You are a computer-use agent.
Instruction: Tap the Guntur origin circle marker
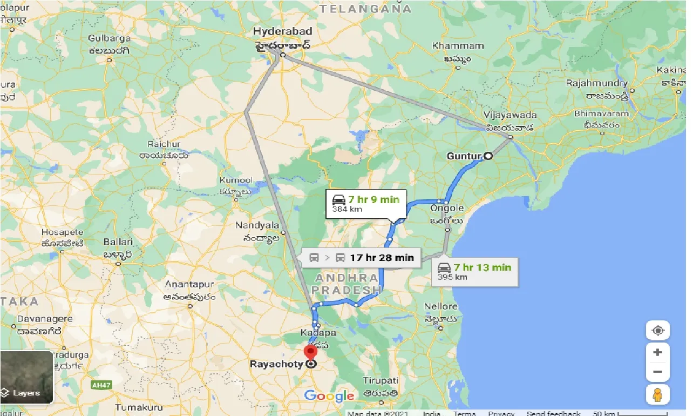(x=488, y=156)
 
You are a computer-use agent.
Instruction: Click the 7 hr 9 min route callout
(x=365, y=203)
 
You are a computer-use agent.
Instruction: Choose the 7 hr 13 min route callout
(x=475, y=271)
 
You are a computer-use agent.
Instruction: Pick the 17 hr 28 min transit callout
(x=362, y=257)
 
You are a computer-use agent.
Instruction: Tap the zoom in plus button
(x=657, y=352)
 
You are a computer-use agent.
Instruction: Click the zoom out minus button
(x=657, y=372)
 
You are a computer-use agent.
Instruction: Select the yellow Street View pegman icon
(x=657, y=395)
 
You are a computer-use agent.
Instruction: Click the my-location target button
(x=657, y=330)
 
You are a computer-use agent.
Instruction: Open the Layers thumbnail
(x=27, y=378)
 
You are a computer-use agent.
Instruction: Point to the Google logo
(x=329, y=396)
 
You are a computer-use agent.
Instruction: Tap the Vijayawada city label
(x=510, y=115)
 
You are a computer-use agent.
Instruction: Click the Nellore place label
(x=440, y=306)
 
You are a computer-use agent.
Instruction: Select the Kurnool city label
(x=236, y=180)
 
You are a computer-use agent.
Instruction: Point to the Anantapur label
(x=189, y=284)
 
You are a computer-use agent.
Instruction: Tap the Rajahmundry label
(x=596, y=83)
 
